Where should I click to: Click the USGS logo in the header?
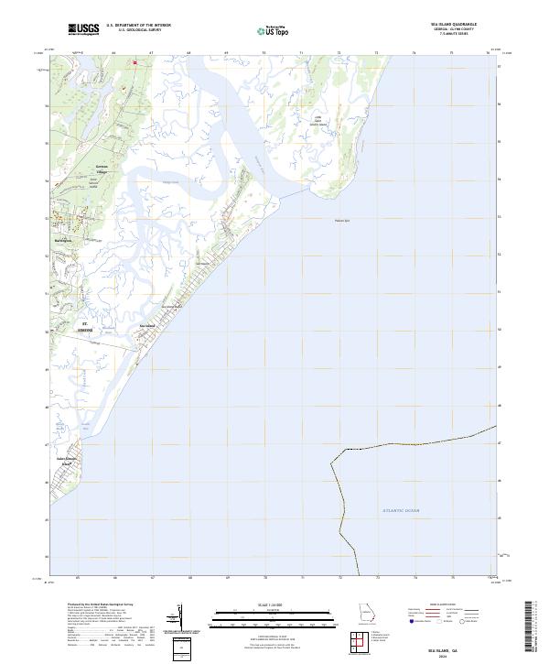83,28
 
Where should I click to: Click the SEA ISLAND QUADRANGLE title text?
456,24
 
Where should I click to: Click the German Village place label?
102,168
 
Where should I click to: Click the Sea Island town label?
146,324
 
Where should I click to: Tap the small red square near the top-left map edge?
135,62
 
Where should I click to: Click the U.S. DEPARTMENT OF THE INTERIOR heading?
138,26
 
